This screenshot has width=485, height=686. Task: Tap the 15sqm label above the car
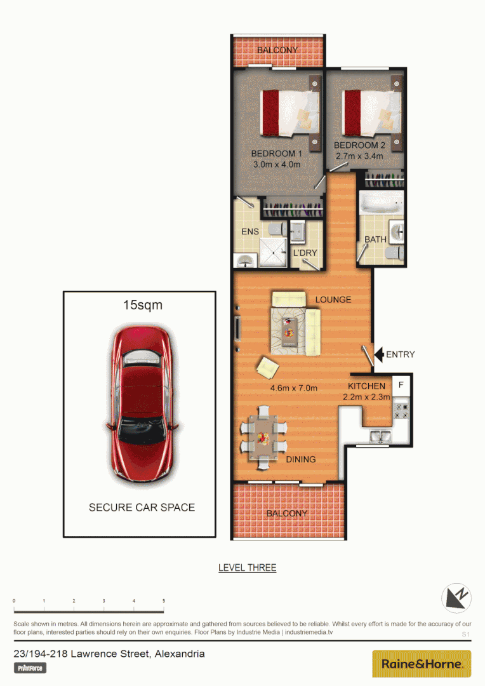point(143,306)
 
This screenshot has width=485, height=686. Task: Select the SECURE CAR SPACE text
point(142,507)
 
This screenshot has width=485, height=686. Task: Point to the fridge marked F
point(401,385)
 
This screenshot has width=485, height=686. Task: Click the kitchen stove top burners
point(401,411)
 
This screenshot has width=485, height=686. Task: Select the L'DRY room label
point(305,253)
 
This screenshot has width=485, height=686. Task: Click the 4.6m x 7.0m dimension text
point(293,388)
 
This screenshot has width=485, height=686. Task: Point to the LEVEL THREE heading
point(247,567)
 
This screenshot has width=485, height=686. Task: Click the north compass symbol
point(457,598)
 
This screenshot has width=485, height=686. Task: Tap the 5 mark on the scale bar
point(164,600)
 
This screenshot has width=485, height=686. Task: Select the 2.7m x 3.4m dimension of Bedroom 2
point(359,156)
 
